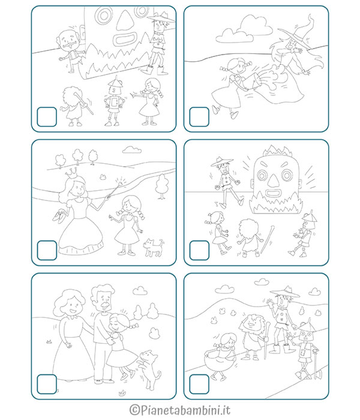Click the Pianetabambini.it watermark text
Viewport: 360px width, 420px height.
tap(180, 410)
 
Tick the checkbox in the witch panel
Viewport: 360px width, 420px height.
tap(199, 117)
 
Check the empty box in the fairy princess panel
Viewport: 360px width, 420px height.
tap(47, 250)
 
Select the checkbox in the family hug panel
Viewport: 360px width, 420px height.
tap(47, 384)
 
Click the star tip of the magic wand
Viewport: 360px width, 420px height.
tap(121, 182)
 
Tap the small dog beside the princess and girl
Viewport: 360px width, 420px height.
tap(154, 247)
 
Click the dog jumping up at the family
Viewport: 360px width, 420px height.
tap(149, 369)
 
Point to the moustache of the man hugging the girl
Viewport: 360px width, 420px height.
tap(104, 305)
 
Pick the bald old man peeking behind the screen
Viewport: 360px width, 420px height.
tap(70, 51)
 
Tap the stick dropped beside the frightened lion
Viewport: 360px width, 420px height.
tap(268, 239)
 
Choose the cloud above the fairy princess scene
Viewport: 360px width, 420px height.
tap(132, 150)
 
